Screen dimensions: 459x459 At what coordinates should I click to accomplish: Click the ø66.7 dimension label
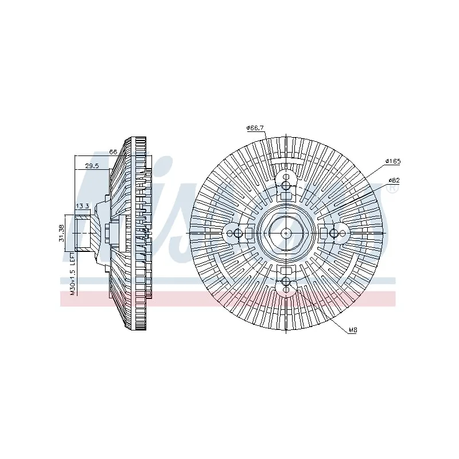click(x=255, y=128)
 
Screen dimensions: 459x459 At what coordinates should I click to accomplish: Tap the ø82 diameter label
click(x=393, y=180)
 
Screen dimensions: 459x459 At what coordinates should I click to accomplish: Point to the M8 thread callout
click(x=353, y=331)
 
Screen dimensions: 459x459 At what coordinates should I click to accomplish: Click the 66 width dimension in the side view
click(x=113, y=151)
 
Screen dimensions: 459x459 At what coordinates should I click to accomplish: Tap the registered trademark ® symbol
click(x=392, y=188)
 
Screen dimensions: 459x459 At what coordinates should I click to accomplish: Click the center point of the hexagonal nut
click(x=286, y=233)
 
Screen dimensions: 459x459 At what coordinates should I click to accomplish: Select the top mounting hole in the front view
click(x=286, y=185)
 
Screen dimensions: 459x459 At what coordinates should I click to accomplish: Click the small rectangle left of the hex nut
click(x=248, y=233)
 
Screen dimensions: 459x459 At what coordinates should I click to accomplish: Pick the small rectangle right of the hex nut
click(x=323, y=233)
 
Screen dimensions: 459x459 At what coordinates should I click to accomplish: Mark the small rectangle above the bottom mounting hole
click(x=286, y=270)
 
